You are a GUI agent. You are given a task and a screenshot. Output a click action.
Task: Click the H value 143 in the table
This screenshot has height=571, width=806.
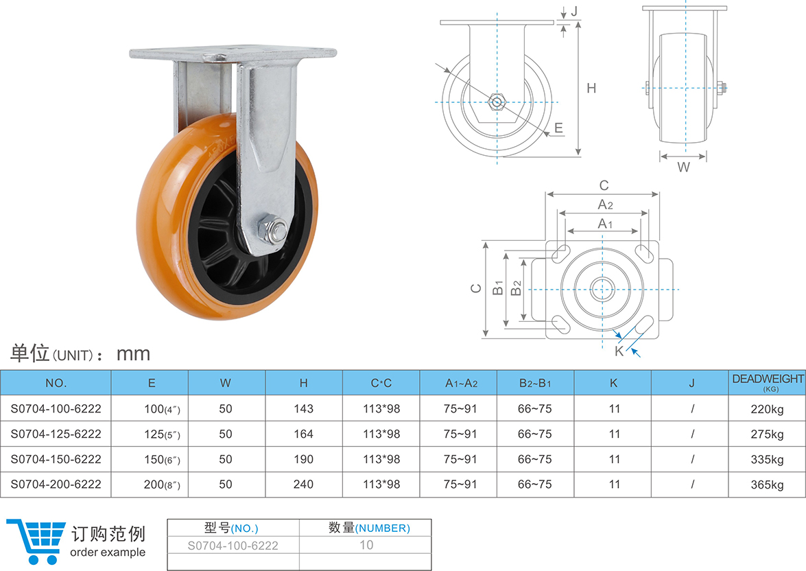[303, 408]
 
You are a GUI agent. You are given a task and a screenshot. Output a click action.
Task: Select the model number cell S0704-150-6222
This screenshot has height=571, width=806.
[56, 459]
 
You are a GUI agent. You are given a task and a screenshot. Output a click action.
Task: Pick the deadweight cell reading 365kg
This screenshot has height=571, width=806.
[767, 485]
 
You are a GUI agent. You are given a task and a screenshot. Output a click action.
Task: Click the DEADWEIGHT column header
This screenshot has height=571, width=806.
[768, 379]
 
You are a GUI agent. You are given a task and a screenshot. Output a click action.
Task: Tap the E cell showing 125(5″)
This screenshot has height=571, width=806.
[163, 434]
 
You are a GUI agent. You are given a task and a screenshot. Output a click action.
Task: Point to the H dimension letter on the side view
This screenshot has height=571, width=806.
[591, 89]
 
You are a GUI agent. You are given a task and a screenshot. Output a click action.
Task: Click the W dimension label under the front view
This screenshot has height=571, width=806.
[683, 167]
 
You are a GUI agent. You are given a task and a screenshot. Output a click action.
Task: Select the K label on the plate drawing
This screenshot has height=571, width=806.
[619, 351]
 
